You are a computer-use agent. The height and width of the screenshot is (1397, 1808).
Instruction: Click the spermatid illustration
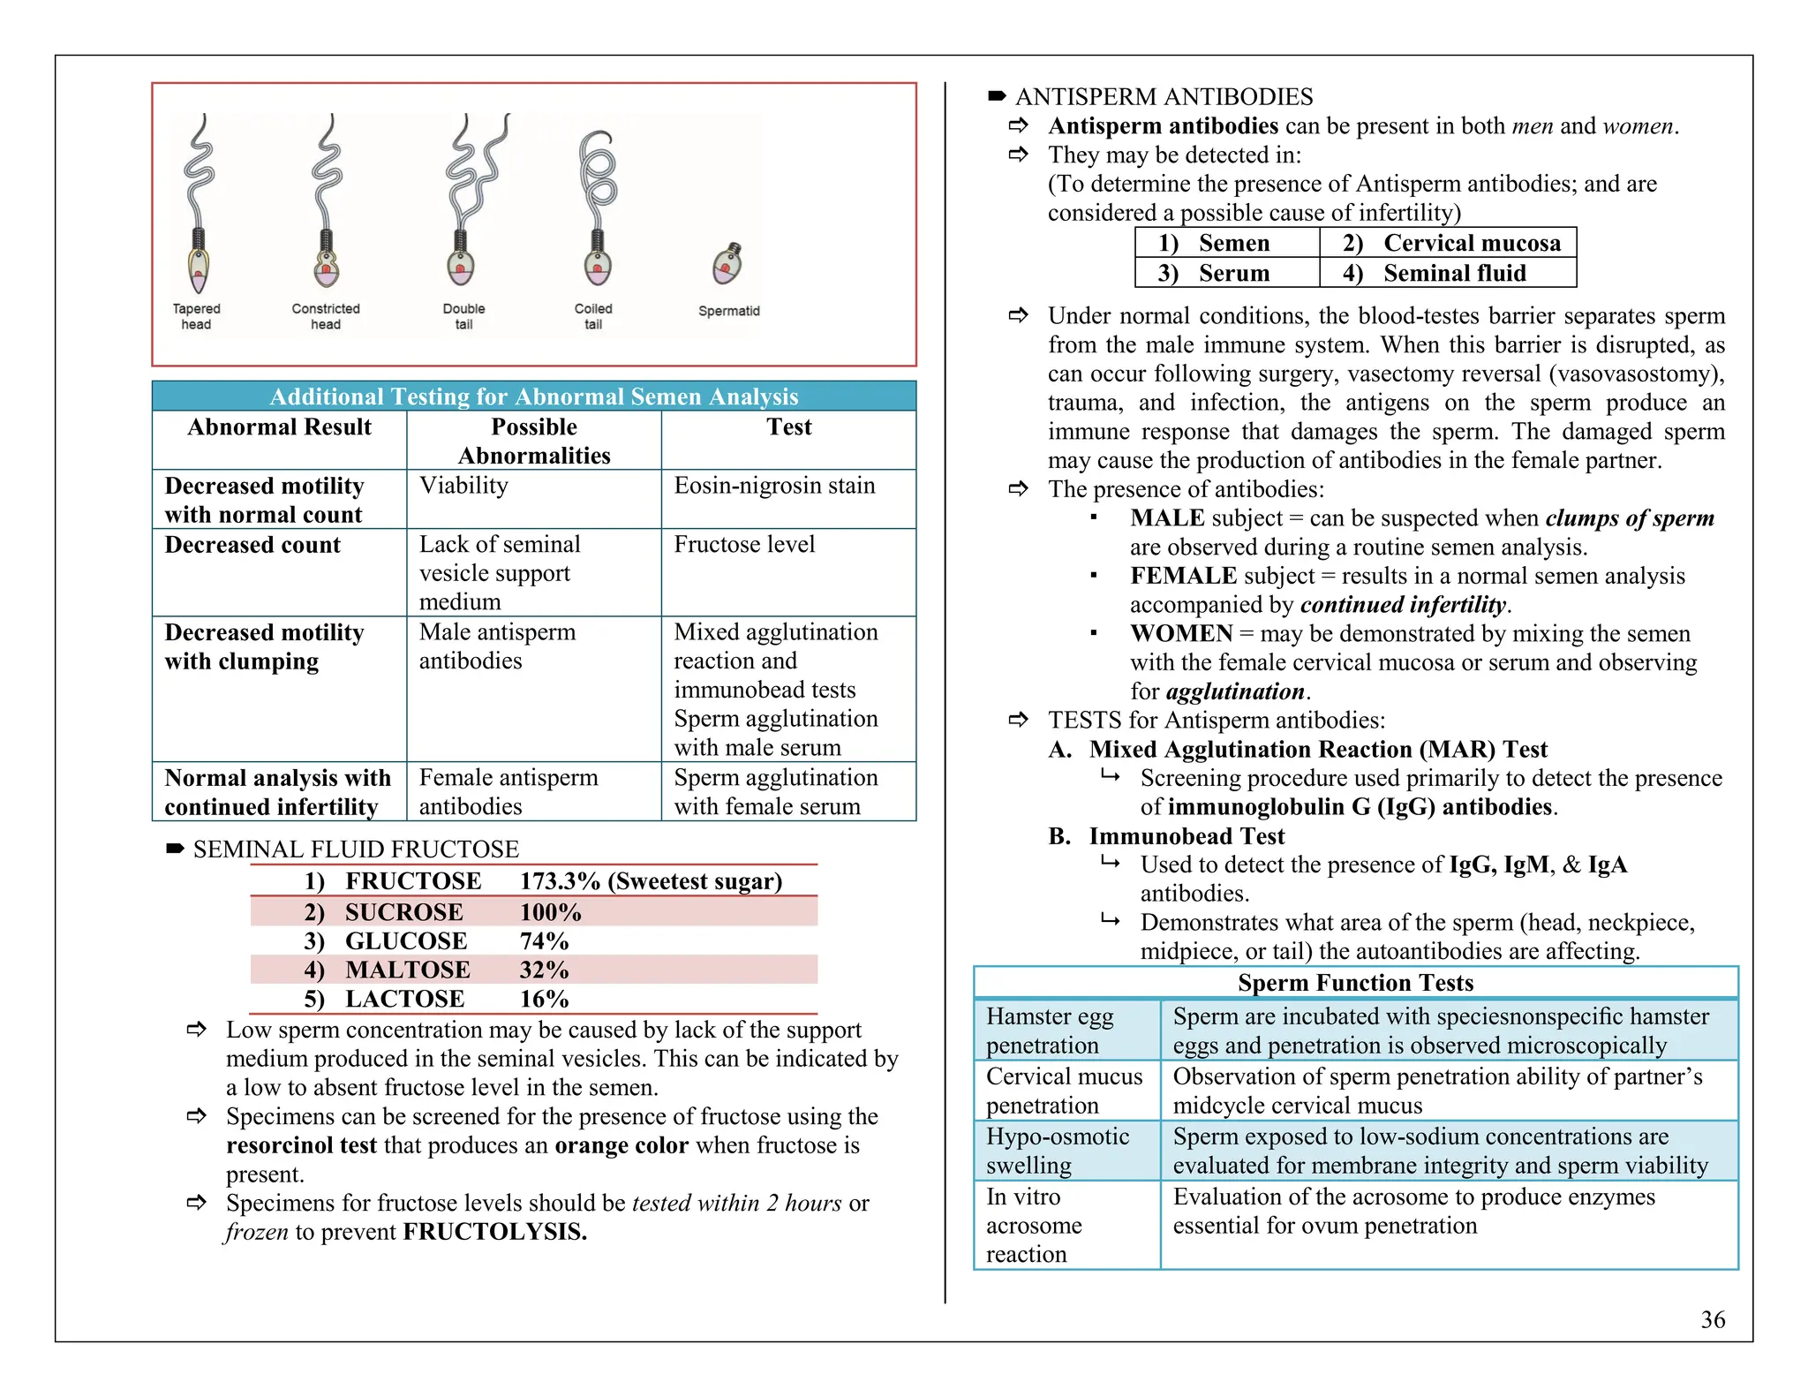click(727, 264)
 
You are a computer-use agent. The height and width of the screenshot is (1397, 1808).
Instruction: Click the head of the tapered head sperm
click(199, 270)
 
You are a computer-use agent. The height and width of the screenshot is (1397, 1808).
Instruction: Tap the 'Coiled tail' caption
click(592, 316)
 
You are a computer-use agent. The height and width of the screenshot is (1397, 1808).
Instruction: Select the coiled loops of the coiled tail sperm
click(599, 172)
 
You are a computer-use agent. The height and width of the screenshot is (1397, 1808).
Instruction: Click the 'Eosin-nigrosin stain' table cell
click(774, 486)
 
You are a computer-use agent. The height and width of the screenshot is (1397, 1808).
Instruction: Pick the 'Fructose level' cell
click(744, 545)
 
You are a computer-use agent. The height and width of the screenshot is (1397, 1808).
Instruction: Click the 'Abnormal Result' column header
click(279, 427)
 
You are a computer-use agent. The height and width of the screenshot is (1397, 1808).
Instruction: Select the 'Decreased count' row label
click(252, 545)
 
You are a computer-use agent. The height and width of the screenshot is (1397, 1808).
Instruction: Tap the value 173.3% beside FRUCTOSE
click(560, 881)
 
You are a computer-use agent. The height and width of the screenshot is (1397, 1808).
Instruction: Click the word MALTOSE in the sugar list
click(407, 970)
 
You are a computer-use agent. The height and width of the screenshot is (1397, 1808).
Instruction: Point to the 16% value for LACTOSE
click(544, 999)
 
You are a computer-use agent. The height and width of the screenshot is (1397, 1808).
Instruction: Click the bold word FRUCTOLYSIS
click(494, 1232)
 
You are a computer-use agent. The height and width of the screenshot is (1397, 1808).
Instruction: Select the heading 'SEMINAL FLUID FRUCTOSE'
click(356, 850)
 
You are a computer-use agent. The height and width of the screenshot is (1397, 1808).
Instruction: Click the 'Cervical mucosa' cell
click(1472, 243)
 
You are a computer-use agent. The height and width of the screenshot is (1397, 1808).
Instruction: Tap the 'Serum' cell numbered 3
click(1233, 273)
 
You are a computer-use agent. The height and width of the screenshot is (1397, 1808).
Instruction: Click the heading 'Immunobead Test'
click(1186, 835)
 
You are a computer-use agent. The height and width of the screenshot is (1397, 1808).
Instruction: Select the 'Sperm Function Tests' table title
click(1355, 983)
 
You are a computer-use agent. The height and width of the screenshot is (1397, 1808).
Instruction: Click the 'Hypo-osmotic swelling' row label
click(1057, 1151)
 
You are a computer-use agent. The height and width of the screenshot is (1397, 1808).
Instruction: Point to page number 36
click(1713, 1319)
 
